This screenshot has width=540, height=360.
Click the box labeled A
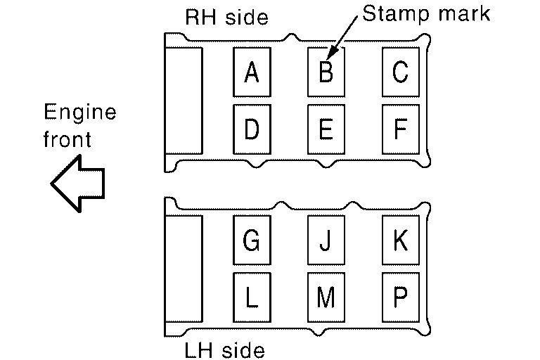[x=252, y=72]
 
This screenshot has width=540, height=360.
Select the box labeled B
[x=326, y=72]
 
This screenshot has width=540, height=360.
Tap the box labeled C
[x=401, y=72]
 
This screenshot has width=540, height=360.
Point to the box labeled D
[x=252, y=129]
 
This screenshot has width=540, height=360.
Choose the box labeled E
[x=326, y=129]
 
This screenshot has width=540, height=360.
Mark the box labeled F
[x=401, y=129]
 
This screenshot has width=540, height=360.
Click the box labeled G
[x=252, y=240]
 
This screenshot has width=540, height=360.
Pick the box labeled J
[x=326, y=240]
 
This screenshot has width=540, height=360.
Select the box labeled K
[x=401, y=240]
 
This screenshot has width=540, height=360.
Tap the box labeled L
[x=252, y=297]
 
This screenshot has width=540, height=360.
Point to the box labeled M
[x=326, y=297]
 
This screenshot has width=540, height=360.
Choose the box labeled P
[x=401, y=297]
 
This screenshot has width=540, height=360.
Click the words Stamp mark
[x=425, y=14]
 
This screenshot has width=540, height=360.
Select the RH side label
[x=226, y=17]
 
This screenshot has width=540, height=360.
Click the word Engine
[x=79, y=113]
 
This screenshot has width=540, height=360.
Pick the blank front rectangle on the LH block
[x=184, y=267]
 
